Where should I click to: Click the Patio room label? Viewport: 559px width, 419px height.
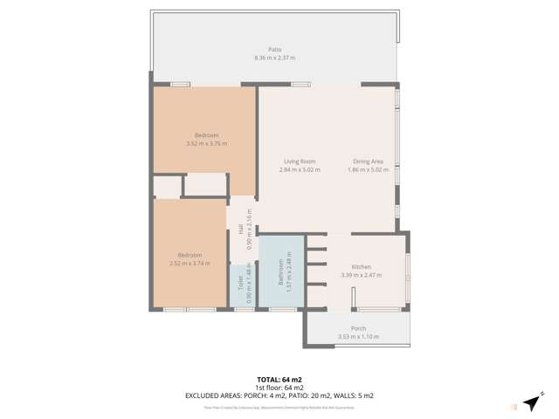tap(274, 50)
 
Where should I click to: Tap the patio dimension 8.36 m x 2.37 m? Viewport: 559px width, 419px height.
tap(274, 58)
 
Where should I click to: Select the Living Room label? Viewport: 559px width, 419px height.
tap(300, 161)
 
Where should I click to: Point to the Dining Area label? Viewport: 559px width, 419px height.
tap(368, 161)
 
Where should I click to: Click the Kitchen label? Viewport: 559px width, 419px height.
tap(362, 266)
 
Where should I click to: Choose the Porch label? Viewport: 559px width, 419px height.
tap(357, 329)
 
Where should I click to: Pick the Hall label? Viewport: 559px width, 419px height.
tap(240, 229)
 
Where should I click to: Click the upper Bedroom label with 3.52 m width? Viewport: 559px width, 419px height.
tap(206, 135)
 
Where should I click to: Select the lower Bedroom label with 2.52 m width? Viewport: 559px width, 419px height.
tap(190, 255)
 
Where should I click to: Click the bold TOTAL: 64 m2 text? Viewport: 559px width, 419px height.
tap(279, 379)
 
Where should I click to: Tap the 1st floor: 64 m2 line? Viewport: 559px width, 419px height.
tap(279, 387)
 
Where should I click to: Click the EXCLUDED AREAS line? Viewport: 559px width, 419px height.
tap(279, 395)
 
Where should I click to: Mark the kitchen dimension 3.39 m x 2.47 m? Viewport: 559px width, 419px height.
tap(362, 275)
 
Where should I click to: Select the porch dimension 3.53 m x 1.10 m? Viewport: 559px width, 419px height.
tap(357, 337)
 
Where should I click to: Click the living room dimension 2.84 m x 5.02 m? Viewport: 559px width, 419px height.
tap(300, 169)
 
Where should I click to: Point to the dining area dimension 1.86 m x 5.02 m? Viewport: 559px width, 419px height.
tap(368, 169)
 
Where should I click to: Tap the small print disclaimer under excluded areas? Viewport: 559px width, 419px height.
tap(279, 407)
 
